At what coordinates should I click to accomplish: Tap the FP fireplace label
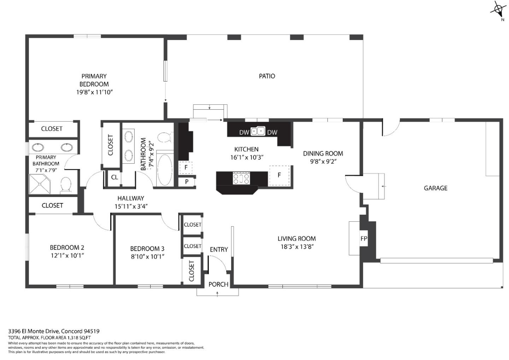[x=364, y=239]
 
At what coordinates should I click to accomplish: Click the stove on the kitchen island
[x=241, y=178]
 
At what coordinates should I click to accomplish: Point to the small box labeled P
[x=186, y=182]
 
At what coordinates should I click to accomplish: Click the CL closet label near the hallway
[x=115, y=177]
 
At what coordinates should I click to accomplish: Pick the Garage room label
[x=435, y=188]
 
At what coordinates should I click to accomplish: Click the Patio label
[x=267, y=76]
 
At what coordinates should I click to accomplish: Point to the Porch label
[x=218, y=284]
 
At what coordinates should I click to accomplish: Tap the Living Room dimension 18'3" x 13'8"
[x=297, y=247]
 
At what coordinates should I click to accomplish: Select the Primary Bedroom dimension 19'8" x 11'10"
[x=94, y=92]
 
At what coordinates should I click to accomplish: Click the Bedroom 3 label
[x=147, y=249]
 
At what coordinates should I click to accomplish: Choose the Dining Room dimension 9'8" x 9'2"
[x=323, y=161]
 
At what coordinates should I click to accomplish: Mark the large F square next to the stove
[x=279, y=175]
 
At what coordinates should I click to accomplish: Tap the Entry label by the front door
[x=219, y=250]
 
